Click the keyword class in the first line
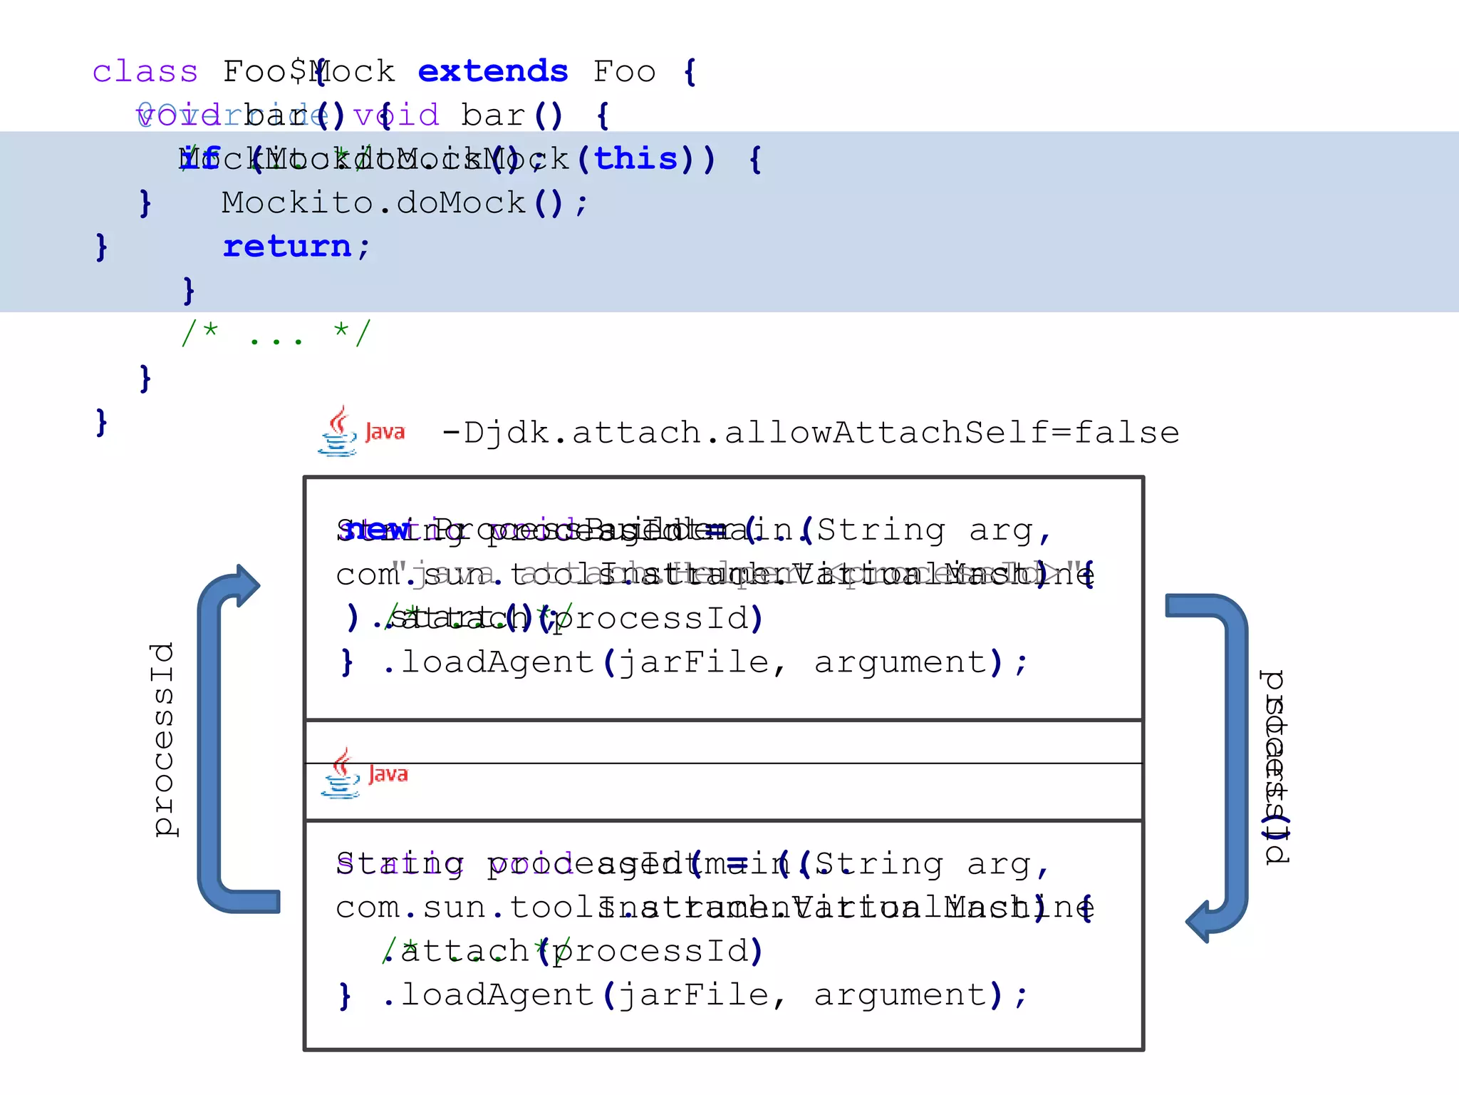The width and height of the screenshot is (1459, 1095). point(145,72)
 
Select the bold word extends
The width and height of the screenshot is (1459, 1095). point(492,72)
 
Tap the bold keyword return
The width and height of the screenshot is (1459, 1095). point(287,247)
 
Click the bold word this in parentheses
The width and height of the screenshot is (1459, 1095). point(635,159)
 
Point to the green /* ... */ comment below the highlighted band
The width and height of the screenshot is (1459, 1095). point(276,333)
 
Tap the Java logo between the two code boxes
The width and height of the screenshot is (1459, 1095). point(363,773)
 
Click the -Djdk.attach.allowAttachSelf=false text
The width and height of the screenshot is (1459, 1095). point(810,433)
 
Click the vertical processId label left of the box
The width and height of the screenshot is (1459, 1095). point(163,739)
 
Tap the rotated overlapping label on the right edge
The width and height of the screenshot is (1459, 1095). point(1274,767)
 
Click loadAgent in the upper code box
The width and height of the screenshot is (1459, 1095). point(497,662)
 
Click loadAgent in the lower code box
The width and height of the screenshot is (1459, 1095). point(497,995)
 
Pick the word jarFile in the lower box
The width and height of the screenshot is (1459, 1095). point(693,995)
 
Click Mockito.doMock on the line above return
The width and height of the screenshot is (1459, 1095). point(373,203)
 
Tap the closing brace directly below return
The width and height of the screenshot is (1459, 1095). point(188,290)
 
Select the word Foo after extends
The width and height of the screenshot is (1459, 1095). point(624,72)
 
